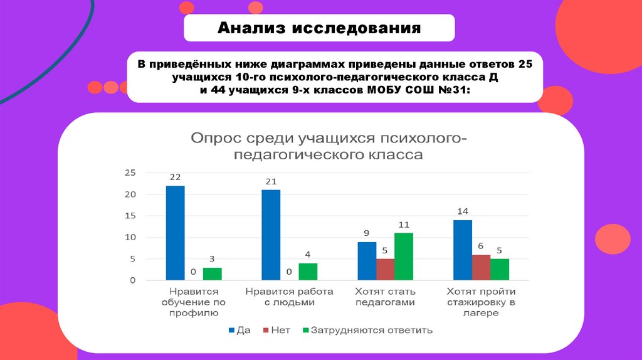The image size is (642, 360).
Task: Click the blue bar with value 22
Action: pos(176,233)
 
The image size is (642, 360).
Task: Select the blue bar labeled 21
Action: pos(271,235)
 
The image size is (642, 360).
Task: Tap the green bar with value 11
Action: pos(404,256)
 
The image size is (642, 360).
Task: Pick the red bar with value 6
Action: pos(481,267)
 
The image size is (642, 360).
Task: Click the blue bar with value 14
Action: pos(463,250)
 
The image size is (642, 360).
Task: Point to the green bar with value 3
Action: pos(213,273)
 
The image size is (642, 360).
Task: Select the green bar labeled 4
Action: pos(308,272)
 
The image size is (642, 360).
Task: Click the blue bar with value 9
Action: pos(367,261)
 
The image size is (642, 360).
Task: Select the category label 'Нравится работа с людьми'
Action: pos(289,297)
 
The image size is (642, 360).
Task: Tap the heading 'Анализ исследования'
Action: pos(319,28)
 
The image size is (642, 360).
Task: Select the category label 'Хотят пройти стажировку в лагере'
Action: pos(481,302)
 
